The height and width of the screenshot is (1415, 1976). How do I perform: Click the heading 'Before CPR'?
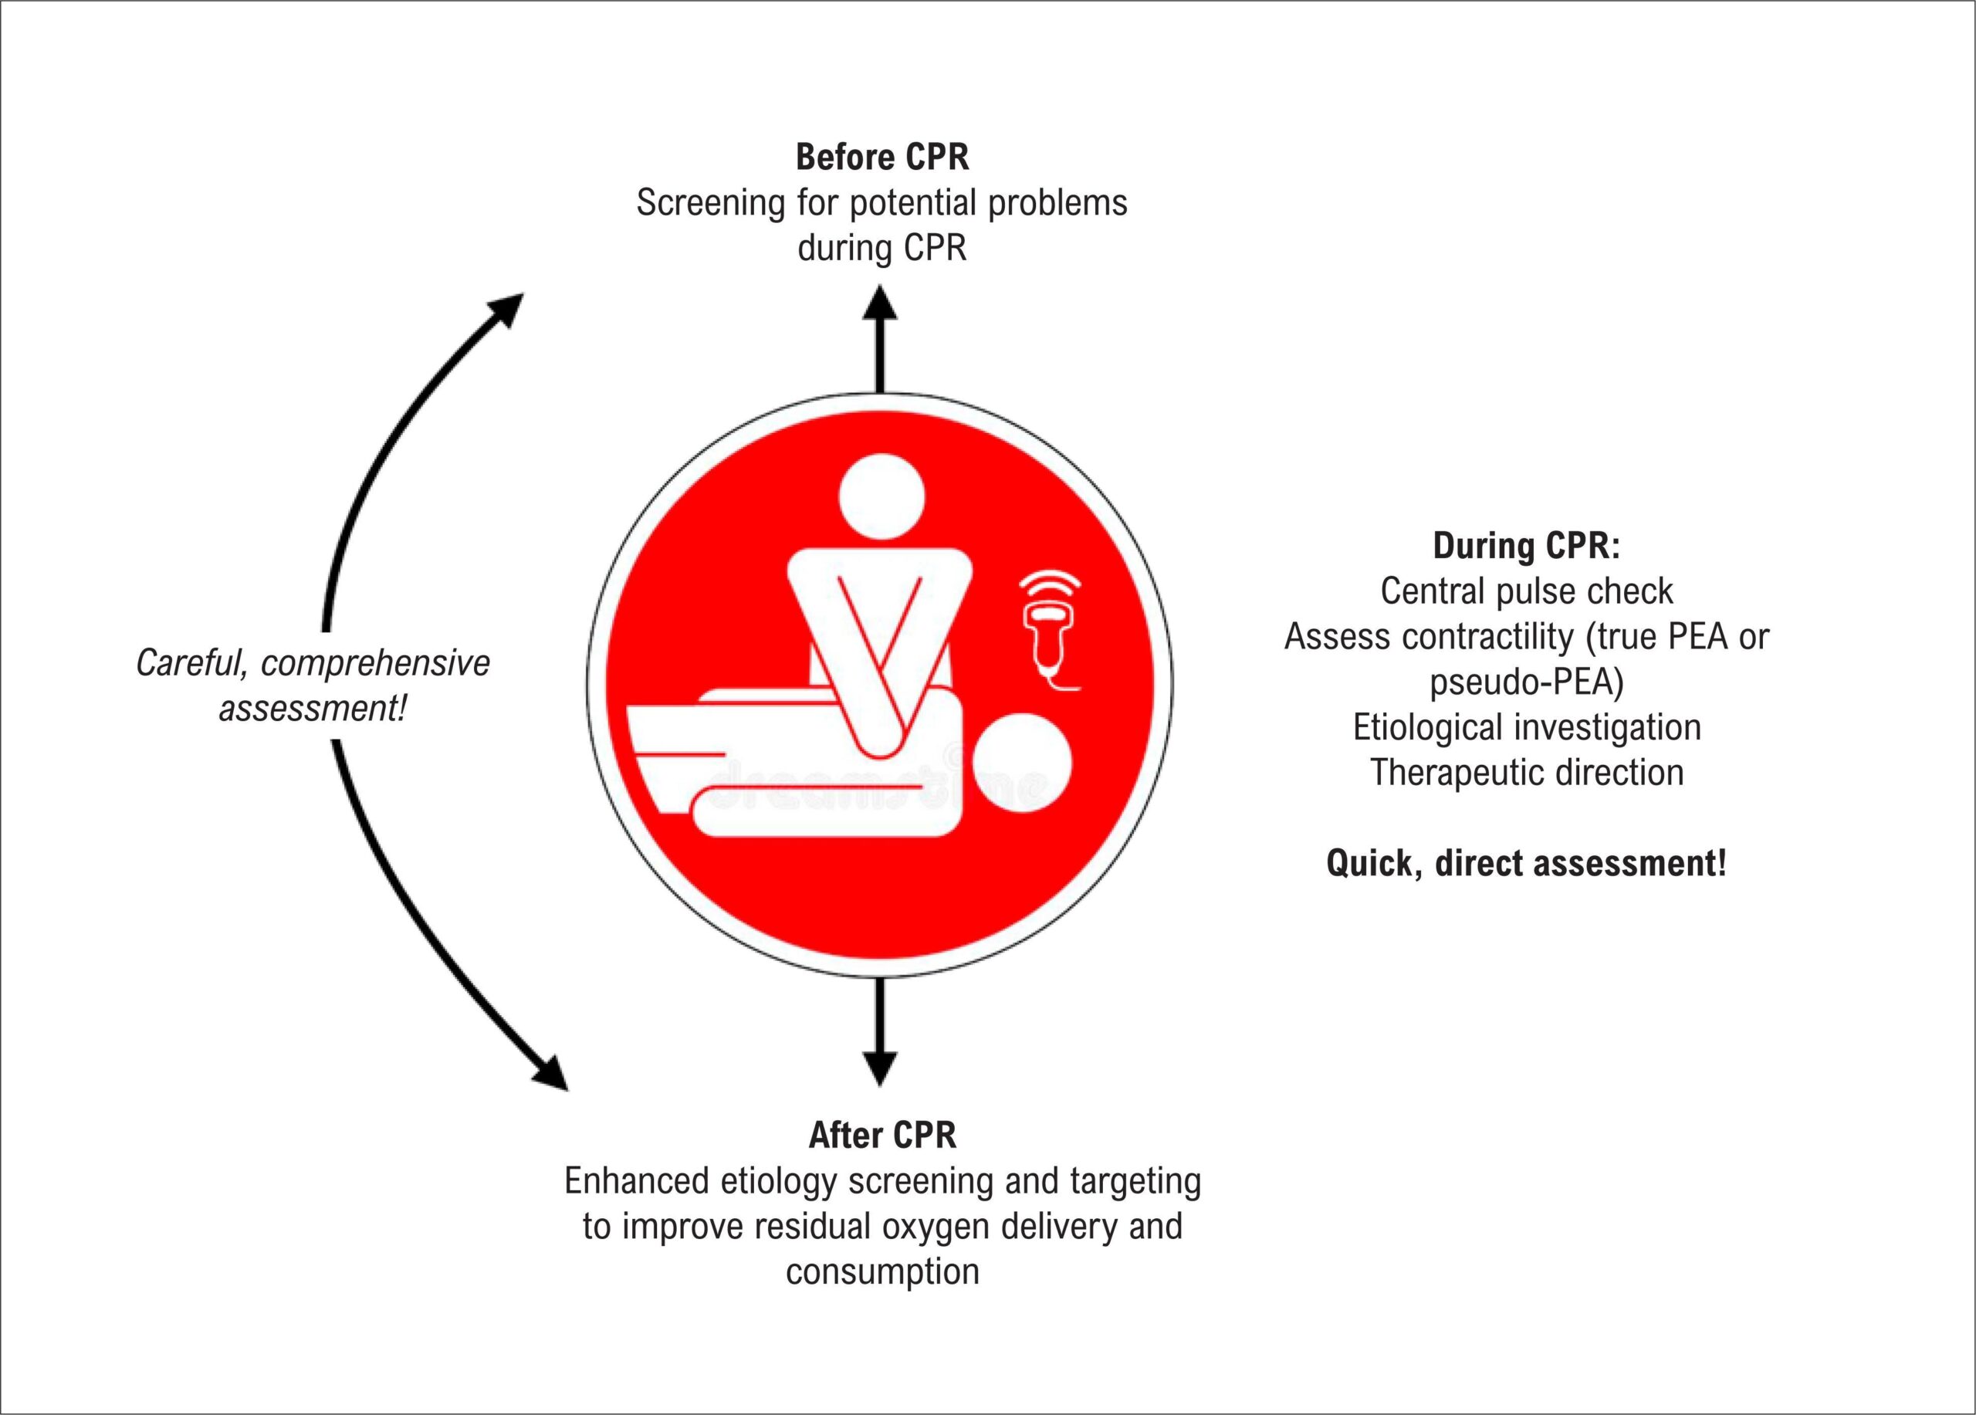[881, 157]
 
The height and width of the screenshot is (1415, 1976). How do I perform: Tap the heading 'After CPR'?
[882, 1136]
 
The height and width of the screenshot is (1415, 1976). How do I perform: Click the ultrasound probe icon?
[1051, 631]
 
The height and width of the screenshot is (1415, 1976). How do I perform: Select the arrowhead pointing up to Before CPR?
[880, 302]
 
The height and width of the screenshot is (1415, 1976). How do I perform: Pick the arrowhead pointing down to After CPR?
[880, 1068]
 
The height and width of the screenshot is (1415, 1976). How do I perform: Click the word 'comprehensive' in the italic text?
[375, 664]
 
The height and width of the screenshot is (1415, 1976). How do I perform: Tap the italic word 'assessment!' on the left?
[313, 709]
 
